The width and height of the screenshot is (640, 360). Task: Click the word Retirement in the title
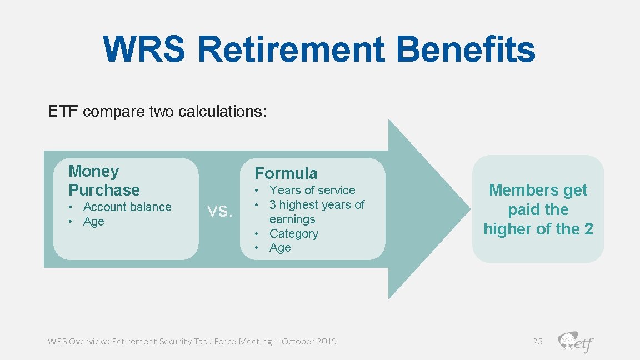click(x=291, y=49)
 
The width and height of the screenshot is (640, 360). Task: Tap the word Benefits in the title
click(x=466, y=49)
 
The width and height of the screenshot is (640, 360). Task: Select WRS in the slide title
click(x=144, y=49)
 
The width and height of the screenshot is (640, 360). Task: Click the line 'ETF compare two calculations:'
click(x=157, y=112)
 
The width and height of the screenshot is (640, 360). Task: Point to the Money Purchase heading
click(x=104, y=181)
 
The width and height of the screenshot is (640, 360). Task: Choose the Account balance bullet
click(x=127, y=207)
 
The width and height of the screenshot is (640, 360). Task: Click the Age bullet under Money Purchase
click(x=93, y=222)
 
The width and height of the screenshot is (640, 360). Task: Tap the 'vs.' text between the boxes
click(x=219, y=211)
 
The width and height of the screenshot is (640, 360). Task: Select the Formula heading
click(x=286, y=173)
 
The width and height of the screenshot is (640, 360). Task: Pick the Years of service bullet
click(x=312, y=190)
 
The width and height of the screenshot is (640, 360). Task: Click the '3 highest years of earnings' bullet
click(x=317, y=212)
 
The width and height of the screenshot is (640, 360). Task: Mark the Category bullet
click(x=293, y=234)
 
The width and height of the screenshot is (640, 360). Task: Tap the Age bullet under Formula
click(x=280, y=248)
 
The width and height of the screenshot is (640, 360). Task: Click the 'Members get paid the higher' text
click(x=538, y=209)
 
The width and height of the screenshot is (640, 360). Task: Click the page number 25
click(x=537, y=341)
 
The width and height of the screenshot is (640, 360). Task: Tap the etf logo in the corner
click(x=576, y=341)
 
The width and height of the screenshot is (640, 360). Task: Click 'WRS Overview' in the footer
click(x=78, y=341)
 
